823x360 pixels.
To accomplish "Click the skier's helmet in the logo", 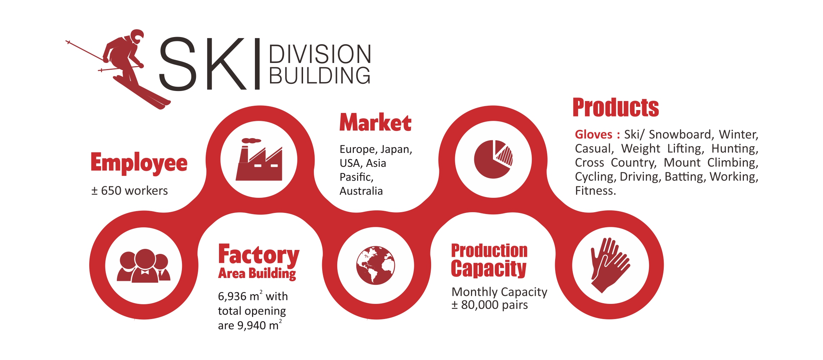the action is pos(137,36).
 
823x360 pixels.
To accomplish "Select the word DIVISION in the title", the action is pos(320,54).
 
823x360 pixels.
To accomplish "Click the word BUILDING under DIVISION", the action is pos(320,75).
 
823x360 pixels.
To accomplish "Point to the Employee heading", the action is pos(139,163).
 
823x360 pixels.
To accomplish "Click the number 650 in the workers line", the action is pos(111,191).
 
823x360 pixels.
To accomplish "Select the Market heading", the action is pos(375,122).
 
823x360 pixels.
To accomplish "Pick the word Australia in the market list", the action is pos(361,191).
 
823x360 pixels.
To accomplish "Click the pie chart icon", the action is pos(493,159).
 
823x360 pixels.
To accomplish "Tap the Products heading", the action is pos(616,108).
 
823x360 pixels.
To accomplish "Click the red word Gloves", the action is pos(594,135).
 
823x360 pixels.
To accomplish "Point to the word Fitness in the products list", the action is pos(595,191).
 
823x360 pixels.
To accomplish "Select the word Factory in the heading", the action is pos(259,255).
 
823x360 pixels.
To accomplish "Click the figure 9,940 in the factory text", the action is pos(252,325).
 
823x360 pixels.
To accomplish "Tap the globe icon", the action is pos(376,265).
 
